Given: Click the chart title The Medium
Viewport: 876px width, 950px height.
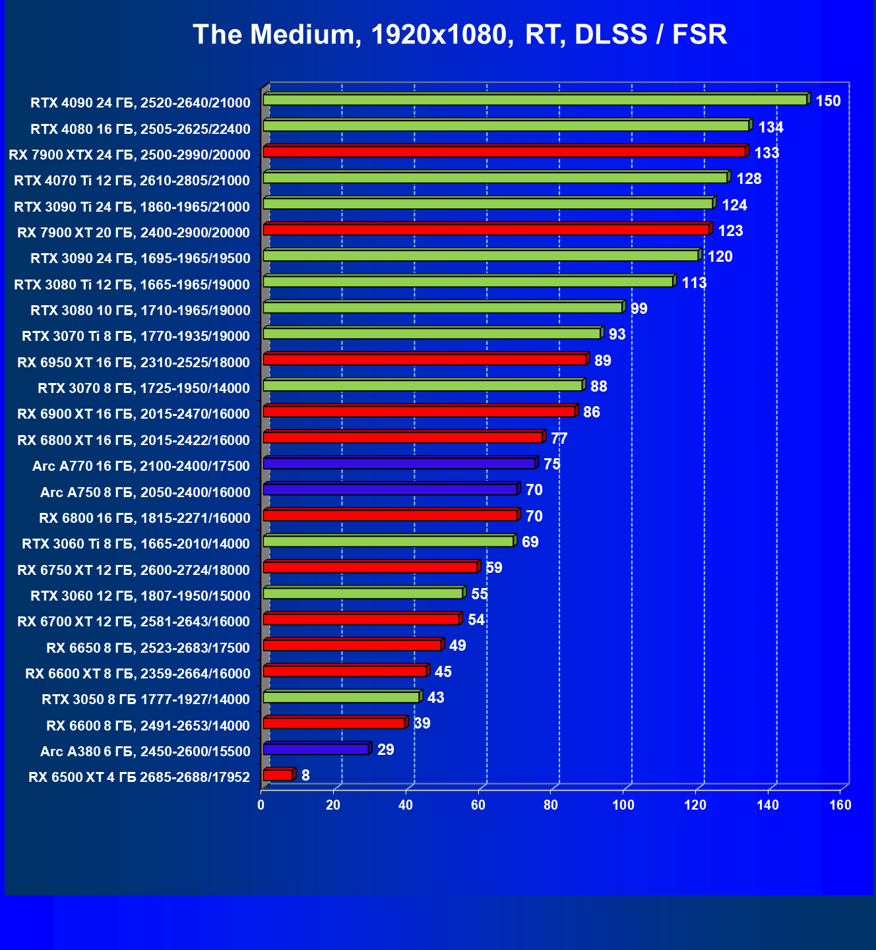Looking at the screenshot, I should coord(460,34).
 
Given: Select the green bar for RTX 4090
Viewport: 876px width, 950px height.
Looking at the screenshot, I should coord(535,100).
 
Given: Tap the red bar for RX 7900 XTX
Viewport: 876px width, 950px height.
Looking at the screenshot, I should coord(504,152).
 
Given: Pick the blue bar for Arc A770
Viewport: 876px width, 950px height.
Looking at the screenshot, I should coord(399,463).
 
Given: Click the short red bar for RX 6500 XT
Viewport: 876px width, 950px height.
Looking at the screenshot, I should coord(278,775).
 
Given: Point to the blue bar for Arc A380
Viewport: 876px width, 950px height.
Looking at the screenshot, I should coord(316,749).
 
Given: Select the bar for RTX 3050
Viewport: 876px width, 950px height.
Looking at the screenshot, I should coord(341,697).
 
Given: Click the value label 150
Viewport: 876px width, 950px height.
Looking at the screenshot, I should coord(828,101).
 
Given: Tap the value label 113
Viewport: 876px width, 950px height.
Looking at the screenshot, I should coord(694,283).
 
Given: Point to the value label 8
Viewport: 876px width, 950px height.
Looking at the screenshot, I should coord(305,775).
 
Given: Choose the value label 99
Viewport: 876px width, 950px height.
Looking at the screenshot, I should coord(639,309).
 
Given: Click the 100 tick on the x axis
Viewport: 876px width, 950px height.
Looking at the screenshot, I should coord(623,805).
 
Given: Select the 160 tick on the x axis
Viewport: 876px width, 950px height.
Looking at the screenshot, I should coord(840,805).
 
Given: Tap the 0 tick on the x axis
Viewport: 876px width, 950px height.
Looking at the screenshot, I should coord(261,805).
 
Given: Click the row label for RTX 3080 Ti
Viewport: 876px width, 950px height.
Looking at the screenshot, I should coord(132,285).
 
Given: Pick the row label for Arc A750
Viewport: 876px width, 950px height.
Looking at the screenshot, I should coord(145,492).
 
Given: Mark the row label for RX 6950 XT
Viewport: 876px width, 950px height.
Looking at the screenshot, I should coord(133,363).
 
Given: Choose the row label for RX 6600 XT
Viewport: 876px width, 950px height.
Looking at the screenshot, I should coord(137,674).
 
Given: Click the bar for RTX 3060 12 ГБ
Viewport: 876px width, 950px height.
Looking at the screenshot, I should coord(363,593).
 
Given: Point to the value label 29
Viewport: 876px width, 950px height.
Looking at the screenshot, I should coord(385,750).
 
